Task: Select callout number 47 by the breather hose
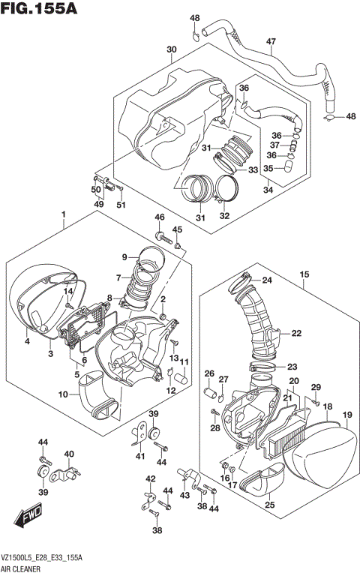click(x=271, y=41)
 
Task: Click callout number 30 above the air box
click(x=172, y=50)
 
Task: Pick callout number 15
click(x=304, y=274)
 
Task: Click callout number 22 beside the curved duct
click(x=296, y=333)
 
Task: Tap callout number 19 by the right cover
click(x=347, y=415)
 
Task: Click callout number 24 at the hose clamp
click(x=267, y=282)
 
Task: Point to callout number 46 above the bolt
click(x=159, y=217)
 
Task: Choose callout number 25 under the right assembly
click(x=270, y=505)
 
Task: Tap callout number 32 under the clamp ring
click(x=223, y=217)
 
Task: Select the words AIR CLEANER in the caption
click(x=22, y=569)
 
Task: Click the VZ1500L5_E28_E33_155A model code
click(x=41, y=559)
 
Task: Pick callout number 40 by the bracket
click(x=69, y=454)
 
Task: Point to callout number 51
click(x=121, y=205)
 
